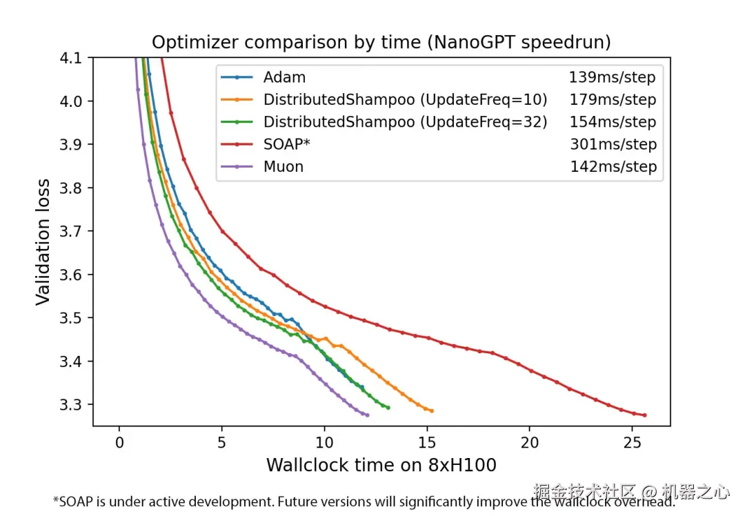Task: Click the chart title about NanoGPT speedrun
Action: pos(381,43)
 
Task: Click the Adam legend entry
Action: pos(284,77)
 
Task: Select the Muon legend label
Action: pos(284,166)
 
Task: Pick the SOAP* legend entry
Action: pos(283,144)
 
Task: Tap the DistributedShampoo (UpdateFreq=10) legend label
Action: pos(405,99)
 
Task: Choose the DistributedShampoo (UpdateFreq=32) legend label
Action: pos(405,122)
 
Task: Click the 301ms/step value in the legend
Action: pos(613,144)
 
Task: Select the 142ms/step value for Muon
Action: pos(613,166)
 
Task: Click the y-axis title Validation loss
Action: pos(43,241)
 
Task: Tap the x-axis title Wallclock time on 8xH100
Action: pos(381,465)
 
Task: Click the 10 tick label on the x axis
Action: pos(324,442)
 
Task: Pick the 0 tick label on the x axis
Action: pos(119,442)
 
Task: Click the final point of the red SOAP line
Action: pos(644,415)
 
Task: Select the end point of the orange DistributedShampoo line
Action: pos(432,411)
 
